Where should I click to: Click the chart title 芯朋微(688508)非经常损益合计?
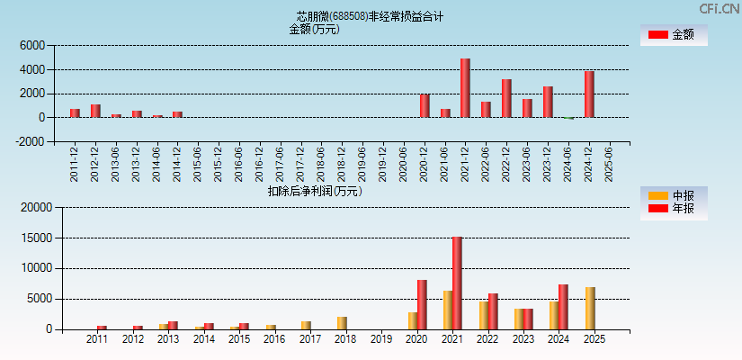coord(370,16)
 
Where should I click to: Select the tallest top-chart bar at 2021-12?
coord(465,88)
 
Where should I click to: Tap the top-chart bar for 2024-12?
coord(589,94)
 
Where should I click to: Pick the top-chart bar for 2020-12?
coord(425,106)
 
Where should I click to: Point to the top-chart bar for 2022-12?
coord(506,98)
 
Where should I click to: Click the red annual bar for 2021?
coord(457,283)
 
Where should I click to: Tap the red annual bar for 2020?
coord(422,305)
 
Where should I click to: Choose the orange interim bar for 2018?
coord(342,323)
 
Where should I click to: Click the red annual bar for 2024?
coord(563,307)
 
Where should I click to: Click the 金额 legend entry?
coord(674,34)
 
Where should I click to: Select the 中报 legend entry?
coord(674,196)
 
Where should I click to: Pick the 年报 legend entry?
coord(674,209)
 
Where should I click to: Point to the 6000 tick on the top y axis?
coord(31,45)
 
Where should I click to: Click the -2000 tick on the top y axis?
coord(30,141)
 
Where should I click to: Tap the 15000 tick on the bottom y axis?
coord(37,238)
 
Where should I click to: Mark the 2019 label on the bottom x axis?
coord(381,340)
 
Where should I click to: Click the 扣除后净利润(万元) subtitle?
coord(315,191)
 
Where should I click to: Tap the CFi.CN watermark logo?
coord(720,9)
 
